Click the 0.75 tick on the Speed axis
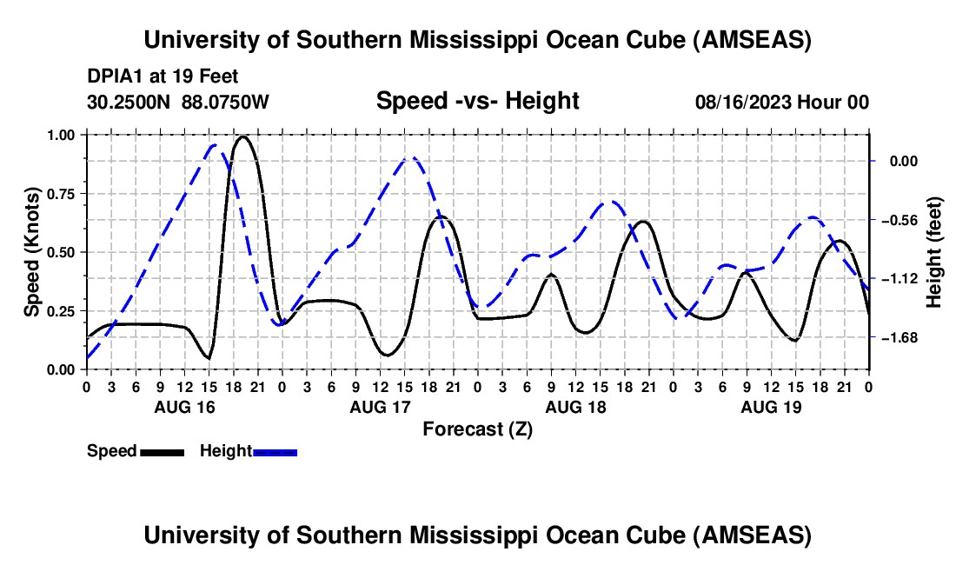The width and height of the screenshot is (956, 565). pyautogui.click(x=60, y=194)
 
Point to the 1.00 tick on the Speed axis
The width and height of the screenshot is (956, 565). pyautogui.click(x=60, y=135)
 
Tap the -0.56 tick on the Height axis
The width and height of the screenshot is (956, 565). pyautogui.click(x=900, y=220)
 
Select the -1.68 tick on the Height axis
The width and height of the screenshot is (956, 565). pyautogui.click(x=900, y=337)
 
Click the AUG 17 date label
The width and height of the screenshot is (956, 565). pyautogui.click(x=380, y=407)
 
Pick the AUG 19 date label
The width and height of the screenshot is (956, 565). pyautogui.click(x=771, y=407)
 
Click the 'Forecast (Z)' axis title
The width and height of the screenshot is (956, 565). pyautogui.click(x=477, y=429)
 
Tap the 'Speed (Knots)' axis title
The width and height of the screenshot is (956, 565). pyautogui.click(x=31, y=252)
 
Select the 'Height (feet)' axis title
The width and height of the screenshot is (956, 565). pyautogui.click(x=934, y=252)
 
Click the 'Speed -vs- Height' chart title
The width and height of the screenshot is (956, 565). pyautogui.click(x=477, y=101)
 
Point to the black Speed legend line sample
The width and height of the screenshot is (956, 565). pyautogui.click(x=163, y=452)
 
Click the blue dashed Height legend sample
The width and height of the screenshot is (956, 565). pyautogui.click(x=275, y=452)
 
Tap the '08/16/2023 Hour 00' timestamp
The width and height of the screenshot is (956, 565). pyautogui.click(x=781, y=102)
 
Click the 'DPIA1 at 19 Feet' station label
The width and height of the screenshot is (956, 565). pyautogui.click(x=163, y=76)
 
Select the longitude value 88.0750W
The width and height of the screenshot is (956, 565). pyautogui.click(x=225, y=102)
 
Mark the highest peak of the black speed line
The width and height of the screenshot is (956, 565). pyautogui.click(x=243, y=136)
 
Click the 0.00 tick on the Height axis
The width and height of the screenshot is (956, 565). pyautogui.click(x=904, y=162)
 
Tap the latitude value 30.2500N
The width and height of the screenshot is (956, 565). pyautogui.click(x=128, y=102)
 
